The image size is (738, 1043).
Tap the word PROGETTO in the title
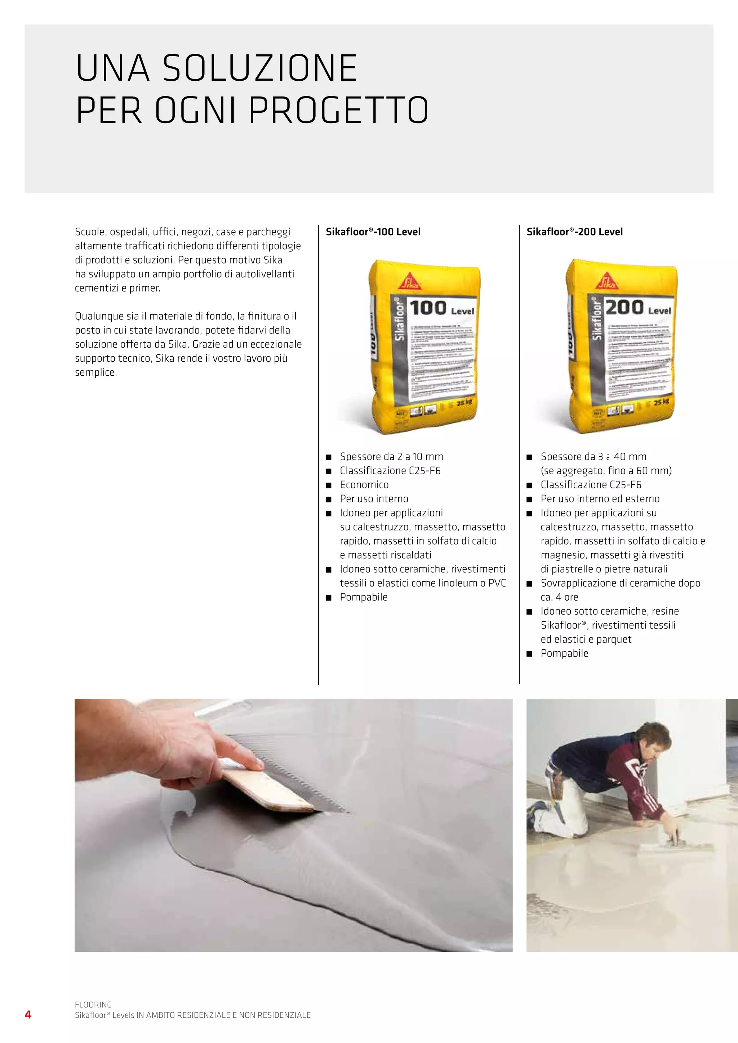click(339, 111)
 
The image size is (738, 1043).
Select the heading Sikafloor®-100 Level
click(373, 232)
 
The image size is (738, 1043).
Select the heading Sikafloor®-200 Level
click(574, 232)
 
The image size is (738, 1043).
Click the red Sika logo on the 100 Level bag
click(409, 282)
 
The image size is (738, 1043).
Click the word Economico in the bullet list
click(364, 485)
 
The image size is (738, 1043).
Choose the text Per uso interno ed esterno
click(600, 499)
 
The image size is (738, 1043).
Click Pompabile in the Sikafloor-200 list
click(564, 654)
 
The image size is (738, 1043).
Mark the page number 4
click(28, 1015)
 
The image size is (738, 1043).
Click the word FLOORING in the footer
click(93, 1004)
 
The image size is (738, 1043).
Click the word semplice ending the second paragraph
click(95, 372)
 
